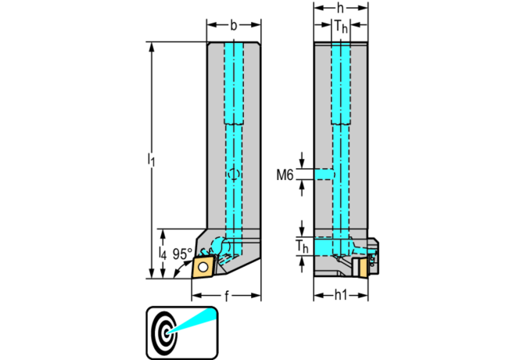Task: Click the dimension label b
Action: point(234,25)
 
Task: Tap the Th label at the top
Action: point(341,27)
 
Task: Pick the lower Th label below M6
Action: point(302,248)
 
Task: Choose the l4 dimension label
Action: point(162,254)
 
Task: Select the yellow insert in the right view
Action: point(362,267)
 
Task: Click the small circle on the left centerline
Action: point(233,174)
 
